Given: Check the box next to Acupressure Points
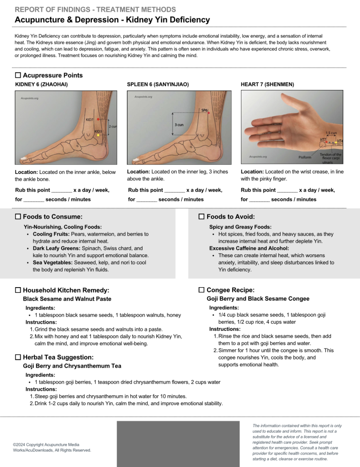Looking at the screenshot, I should click(18, 75).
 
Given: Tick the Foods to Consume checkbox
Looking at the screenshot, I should click(18, 217).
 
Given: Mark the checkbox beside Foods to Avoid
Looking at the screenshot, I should click(202, 217).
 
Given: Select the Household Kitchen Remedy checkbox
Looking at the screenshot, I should click(18, 290).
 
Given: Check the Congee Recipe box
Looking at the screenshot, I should click(202, 290).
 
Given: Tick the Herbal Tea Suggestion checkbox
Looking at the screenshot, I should click(18, 357).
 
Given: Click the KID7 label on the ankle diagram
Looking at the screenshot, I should click(89, 119).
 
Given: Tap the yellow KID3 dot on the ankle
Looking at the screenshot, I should click(98, 135).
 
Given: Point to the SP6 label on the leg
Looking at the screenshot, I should click(205, 111).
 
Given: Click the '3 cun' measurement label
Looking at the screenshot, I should click(179, 125).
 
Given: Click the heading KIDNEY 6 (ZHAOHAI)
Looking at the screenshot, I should click(42, 84).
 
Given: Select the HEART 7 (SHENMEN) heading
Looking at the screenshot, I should click(268, 84).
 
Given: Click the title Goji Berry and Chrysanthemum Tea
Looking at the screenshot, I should click(72, 366).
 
